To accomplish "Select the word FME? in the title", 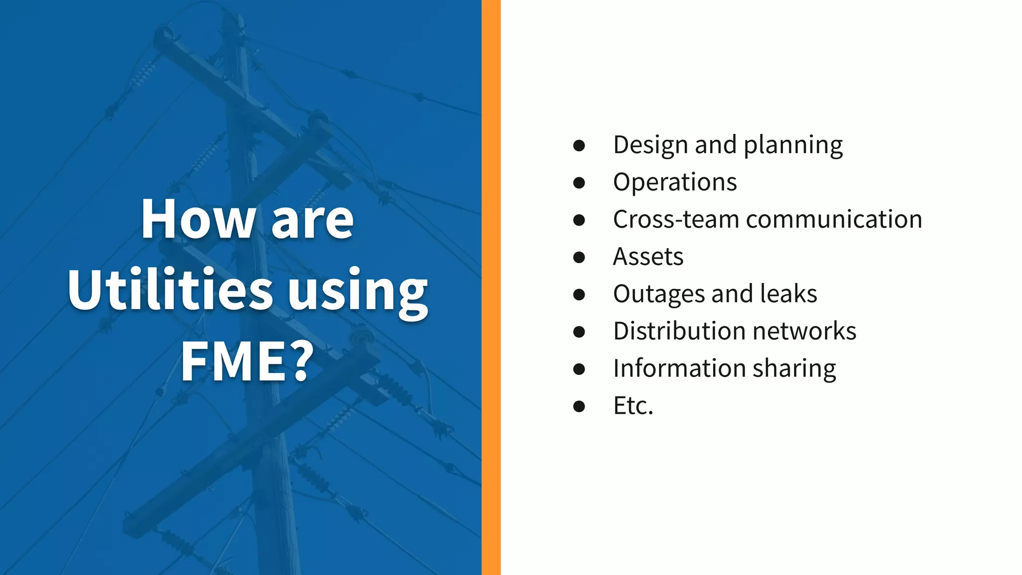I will point(248,361).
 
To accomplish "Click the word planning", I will point(793,146).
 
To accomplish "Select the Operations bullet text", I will point(675,182).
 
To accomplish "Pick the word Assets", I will point(648,257).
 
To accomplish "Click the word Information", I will point(679,368).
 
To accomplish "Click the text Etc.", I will point(633,405).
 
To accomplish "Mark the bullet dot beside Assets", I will point(579,257).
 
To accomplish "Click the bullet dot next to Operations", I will point(579,183).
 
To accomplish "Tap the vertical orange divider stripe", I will point(491,287).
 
